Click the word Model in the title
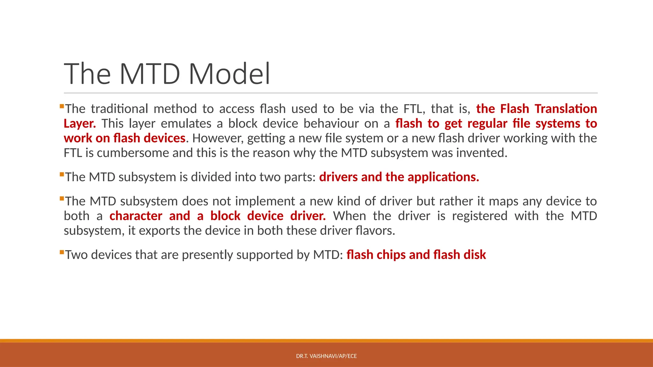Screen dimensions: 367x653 click(229, 74)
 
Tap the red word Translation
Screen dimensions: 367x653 click(566, 109)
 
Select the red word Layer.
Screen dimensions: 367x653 click(80, 124)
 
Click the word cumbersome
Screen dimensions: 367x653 click(133, 153)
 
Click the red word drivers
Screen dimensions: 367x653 click(338, 177)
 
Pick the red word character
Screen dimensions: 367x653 click(136, 216)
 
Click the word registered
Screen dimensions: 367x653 click(480, 216)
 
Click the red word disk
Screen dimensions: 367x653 click(474, 255)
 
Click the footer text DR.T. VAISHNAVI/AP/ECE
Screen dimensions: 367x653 click(326, 356)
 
